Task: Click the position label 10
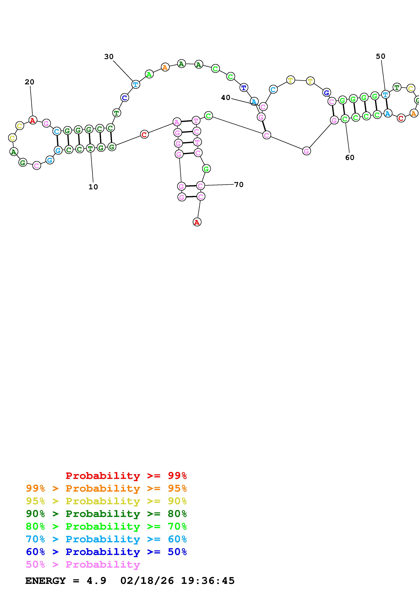93,187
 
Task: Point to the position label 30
109,57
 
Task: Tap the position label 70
239,185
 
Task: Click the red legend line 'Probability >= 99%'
126,476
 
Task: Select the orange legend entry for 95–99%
106,488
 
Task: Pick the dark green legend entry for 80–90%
106,514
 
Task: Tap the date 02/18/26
147,581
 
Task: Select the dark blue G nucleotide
326,92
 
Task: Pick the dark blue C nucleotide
124,98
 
